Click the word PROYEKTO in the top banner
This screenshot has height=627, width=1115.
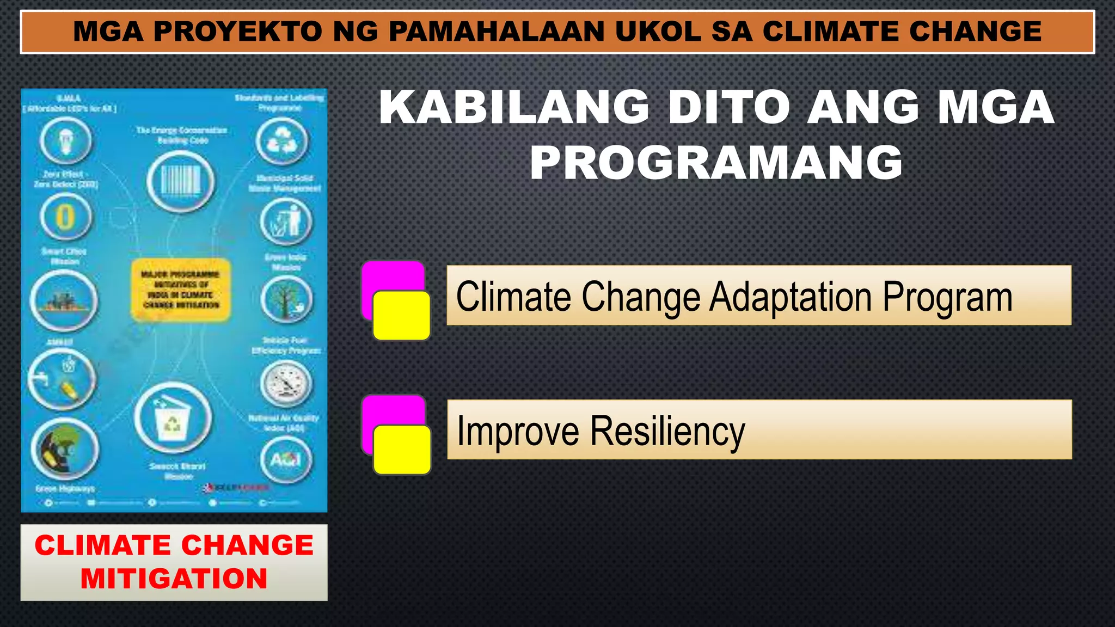click(x=238, y=31)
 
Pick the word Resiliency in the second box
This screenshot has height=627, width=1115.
click(x=667, y=432)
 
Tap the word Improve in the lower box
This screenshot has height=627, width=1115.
click(x=518, y=432)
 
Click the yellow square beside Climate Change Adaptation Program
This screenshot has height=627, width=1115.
click(x=402, y=315)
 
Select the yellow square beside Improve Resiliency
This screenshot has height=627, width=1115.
click(x=402, y=450)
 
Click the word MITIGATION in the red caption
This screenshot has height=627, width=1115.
click(x=174, y=579)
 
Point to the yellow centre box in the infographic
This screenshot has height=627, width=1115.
click(x=181, y=290)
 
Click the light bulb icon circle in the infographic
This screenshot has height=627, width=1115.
click(x=65, y=140)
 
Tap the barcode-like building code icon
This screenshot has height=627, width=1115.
click(x=181, y=181)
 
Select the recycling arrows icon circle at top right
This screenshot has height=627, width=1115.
click(x=282, y=141)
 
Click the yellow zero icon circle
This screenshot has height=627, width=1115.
click(x=66, y=217)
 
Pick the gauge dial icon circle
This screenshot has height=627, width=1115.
click(x=286, y=384)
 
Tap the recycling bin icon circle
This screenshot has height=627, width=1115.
click(x=173, y=418)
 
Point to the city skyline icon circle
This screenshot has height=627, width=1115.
click(x=64, y=300)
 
